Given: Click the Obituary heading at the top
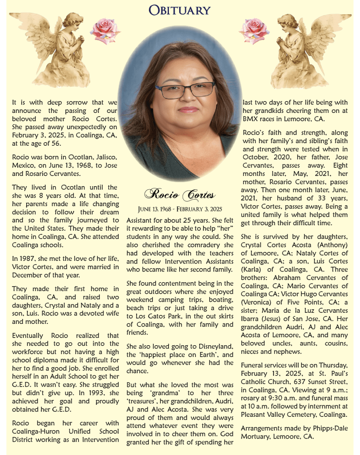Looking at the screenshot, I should click(180, 10).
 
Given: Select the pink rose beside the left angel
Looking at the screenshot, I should click(105, 31).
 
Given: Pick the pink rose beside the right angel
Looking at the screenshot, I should click(254, 31).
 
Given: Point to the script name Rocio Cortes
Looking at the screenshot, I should click(180, 194).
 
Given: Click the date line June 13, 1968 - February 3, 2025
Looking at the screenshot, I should click(180, 209).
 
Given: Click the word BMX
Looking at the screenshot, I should click(250, 119).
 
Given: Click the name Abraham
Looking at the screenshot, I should click(289, 278).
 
